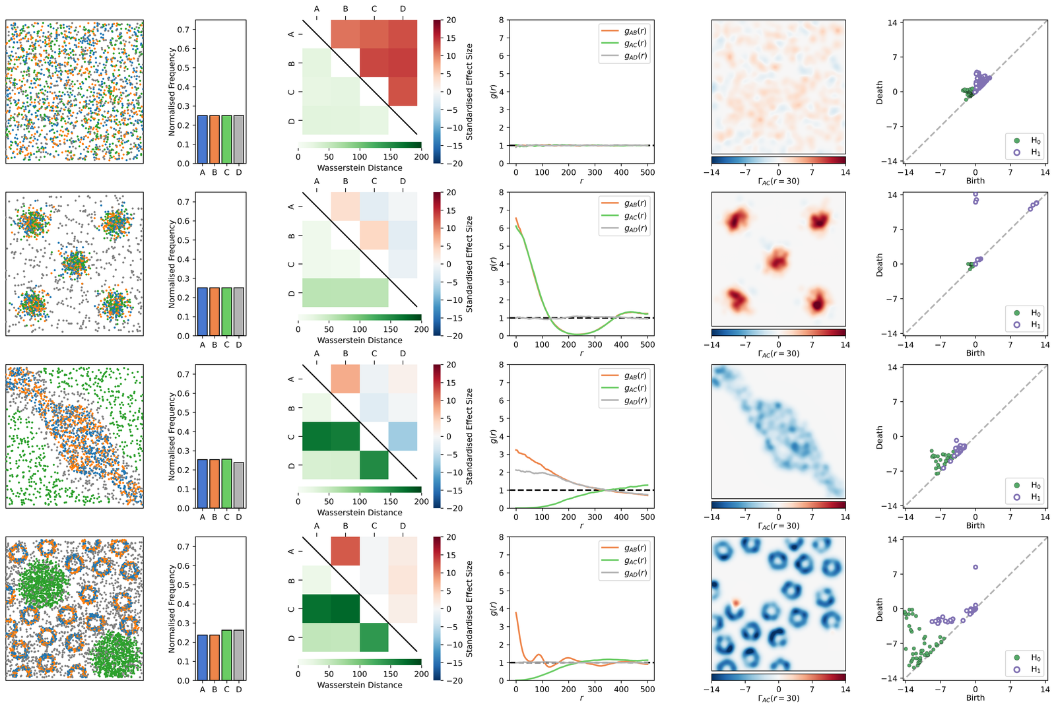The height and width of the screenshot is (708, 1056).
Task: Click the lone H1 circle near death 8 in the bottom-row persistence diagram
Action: pyautogui.click(x=975, y=567)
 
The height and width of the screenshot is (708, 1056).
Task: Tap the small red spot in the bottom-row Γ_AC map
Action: pyautogui.click(x=736, y=602)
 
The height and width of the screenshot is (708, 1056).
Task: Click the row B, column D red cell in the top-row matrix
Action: pyautogui.click(x=403, y=63)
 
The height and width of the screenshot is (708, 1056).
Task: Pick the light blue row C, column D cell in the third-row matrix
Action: pyautogui.click(x=403, y=436)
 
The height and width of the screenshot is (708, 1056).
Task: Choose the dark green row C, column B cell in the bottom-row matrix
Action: pyautogui.click(x=345, y=608)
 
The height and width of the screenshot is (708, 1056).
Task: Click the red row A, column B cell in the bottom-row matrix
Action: pyautogui.click(x=345, y=552)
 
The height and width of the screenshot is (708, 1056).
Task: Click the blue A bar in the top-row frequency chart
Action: pyautogui.click(x=202, y=139)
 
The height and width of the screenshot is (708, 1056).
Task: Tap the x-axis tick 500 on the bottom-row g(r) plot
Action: pyautogui.click(x=647, y=689)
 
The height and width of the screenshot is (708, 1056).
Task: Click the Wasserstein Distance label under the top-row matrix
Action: pyautogui.click(x=360, y=168)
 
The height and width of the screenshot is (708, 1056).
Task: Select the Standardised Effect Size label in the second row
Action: pyautogui.click(x=469, y=264)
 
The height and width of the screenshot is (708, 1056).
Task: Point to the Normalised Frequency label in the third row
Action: pyautogui.click(x=172, y=436)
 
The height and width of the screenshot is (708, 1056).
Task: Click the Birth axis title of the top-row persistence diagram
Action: pyautogui.click(x=975, y=181)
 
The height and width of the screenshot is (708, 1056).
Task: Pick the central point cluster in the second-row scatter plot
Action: pyautogui.click(x=74, y=263)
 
